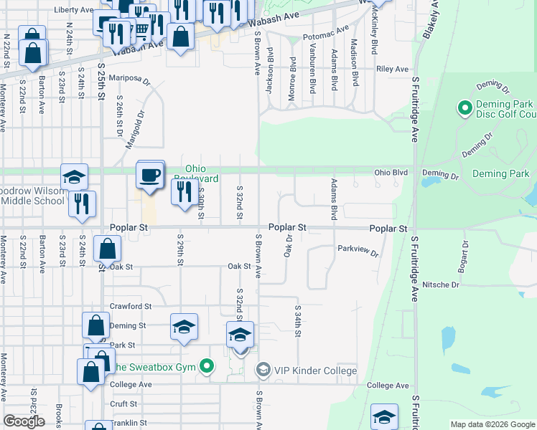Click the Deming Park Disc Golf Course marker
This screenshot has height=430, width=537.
464,109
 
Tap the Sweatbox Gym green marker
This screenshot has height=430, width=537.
207,368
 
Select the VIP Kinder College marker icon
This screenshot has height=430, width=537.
263,370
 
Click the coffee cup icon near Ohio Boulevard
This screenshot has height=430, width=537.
150,175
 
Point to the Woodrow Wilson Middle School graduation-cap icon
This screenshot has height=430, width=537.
73,177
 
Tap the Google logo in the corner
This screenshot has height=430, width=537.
24,421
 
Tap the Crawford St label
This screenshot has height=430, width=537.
130,306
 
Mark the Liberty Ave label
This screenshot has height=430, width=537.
74,11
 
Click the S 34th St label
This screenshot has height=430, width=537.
297,320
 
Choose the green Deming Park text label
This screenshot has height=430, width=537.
501,173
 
